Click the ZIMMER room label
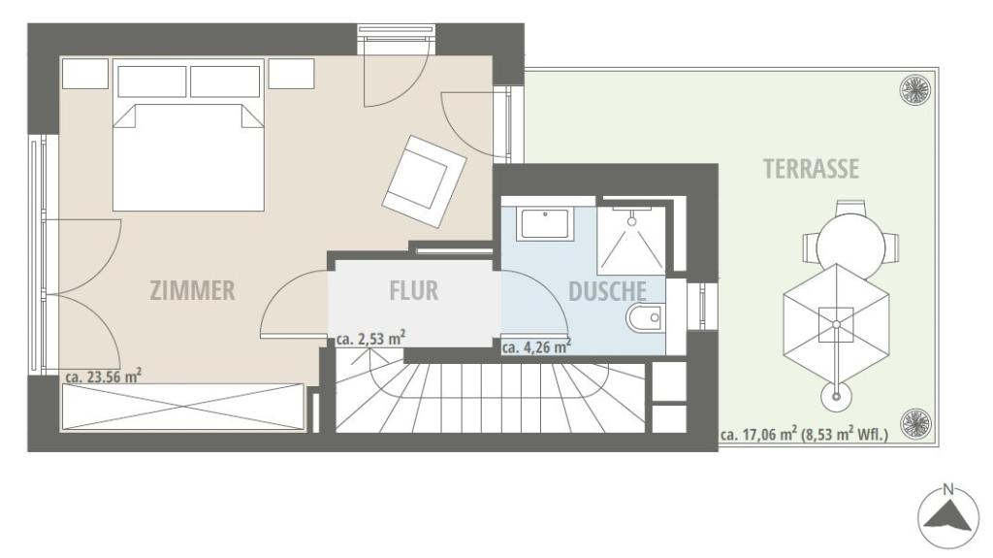(x=193, y=290)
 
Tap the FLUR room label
(x=413, y=290)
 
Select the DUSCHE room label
(x=607, y=291)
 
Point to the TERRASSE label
(x=811, y=169)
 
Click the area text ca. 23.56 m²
(x=103, y=376)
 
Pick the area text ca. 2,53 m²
(x=371, y=339)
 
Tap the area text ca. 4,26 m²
(x=536, y=346)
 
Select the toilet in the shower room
(x=645, y=316)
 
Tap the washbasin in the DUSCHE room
(x=545, y=223)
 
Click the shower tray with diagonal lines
(x=631, y=239)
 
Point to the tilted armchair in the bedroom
(x=424, y=181)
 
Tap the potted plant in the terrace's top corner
(x=915, y=88)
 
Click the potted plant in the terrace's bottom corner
(x=915, y=423)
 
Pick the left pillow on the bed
(x=152, y=82)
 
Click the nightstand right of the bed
(x=291, y=74)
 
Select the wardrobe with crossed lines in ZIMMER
(x=183, y=408)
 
